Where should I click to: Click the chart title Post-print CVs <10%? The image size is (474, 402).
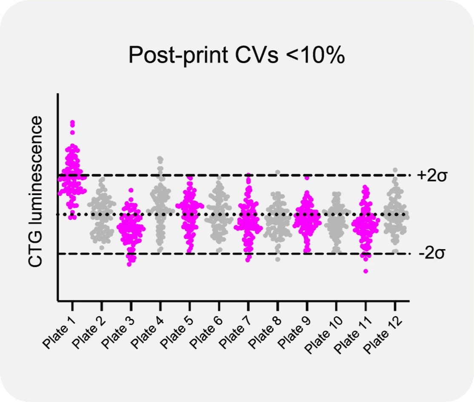click(x=237, y=55)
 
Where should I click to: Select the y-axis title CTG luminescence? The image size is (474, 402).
click(x=36, y=191)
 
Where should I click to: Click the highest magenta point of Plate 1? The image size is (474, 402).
click(x=72, y=123)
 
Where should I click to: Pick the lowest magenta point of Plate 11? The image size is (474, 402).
click(x=365, y=271)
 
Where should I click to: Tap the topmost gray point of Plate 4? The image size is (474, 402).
click(x=160, y=159)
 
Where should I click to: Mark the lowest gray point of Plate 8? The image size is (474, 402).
click(x=278, y=259)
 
